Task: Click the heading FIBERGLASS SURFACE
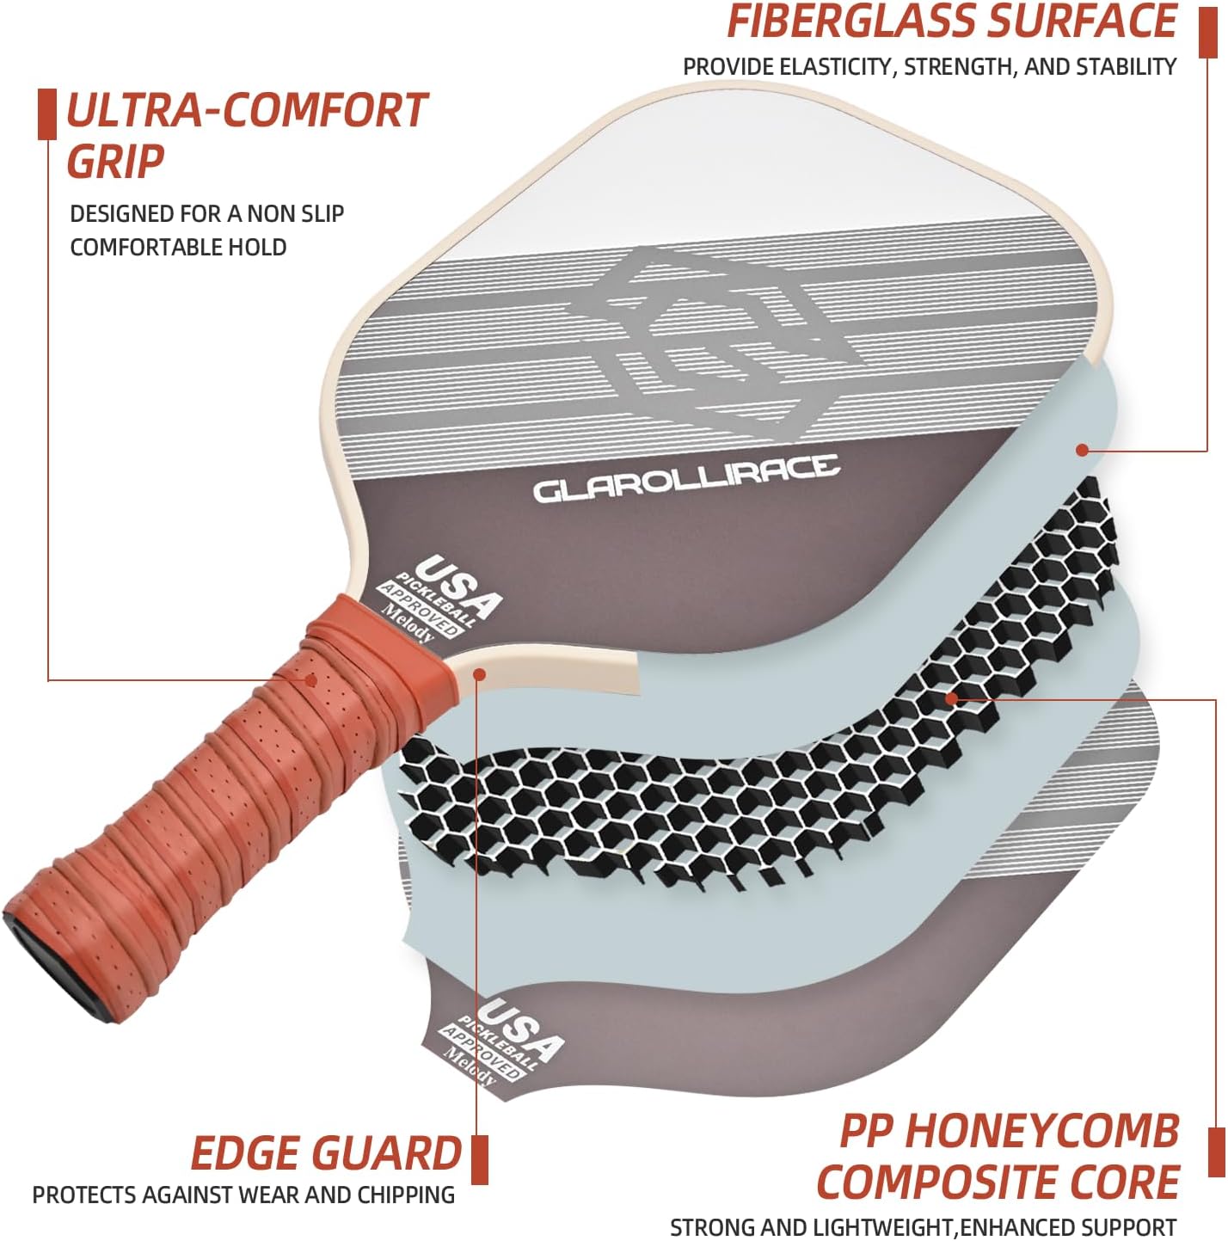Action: point(951,22)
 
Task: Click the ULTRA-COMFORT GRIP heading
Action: point(246,136)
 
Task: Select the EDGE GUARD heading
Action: point(326,1153)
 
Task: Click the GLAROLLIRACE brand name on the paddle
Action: point(685,479)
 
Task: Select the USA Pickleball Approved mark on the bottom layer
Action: point(503,1041)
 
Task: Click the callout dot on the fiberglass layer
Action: point(1082,450)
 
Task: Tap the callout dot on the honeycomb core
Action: point(950,697)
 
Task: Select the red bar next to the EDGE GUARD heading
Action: point(480,1159)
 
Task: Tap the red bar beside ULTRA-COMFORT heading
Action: point(47,114)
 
